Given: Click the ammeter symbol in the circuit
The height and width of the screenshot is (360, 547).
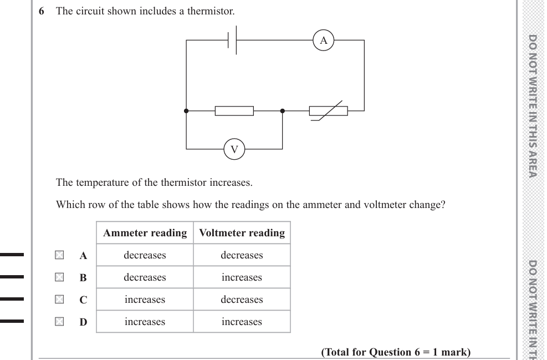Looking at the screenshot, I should (x=324, y=40).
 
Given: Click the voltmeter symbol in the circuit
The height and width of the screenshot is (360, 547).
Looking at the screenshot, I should (x=234, y=149).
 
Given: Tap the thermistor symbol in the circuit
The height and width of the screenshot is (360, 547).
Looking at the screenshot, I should (x=329, y=111).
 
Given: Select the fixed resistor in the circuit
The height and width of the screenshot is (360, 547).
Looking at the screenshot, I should (x=234, y=111).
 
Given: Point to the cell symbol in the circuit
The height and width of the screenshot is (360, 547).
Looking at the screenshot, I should (x=232, y=40).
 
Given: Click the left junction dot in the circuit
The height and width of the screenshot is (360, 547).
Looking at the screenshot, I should (x=186, y=111).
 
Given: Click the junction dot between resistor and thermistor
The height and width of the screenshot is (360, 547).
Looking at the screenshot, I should (x=283, y=111).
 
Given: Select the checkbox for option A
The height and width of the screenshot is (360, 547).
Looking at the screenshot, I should (x=59, y=255).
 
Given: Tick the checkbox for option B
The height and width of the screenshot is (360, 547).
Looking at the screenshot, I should (x=59, y=277).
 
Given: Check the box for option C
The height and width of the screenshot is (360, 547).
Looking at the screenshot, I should (x=59, y=300).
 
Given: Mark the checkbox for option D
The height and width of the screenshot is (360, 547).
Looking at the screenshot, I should (x=59, y=322).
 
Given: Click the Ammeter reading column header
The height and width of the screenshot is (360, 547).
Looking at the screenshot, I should (x=145, y=233).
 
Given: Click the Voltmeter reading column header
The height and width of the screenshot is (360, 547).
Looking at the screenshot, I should (x=242, y=233).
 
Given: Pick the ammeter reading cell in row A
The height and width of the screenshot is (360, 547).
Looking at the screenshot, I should (x=145, y=255).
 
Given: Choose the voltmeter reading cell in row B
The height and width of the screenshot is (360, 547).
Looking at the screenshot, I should (x=242, y=277).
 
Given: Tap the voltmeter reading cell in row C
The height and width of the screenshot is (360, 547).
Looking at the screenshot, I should (x=242, y=300).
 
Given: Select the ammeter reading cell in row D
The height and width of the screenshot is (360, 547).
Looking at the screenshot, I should (x=145, y=322).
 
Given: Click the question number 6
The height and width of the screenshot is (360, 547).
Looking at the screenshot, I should (x=42, y=11).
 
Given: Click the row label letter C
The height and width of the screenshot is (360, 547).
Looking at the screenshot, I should (x=83, y=300).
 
